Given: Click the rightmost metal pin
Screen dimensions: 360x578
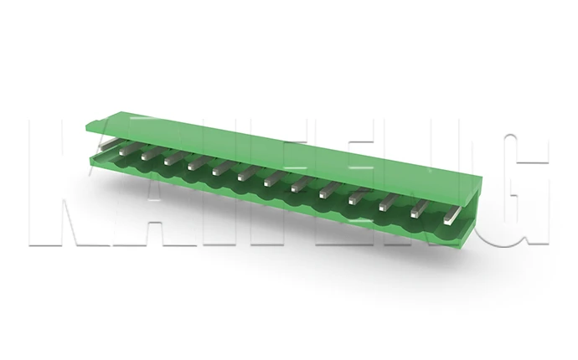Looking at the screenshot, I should point(450,216).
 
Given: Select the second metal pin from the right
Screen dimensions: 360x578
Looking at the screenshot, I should point(419,210).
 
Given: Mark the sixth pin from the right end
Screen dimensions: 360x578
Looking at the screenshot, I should point(300,184).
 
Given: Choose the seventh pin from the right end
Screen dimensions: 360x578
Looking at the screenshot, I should point(271,178).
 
